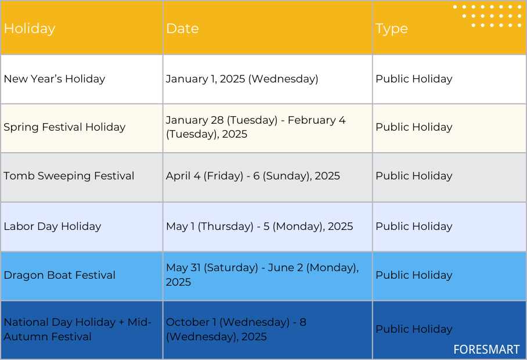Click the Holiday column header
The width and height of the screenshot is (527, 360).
pos(30,29)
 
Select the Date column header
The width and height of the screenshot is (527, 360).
pos(182,28)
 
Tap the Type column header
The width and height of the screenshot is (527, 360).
pos(392,29)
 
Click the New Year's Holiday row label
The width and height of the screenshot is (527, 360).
pos(55,79)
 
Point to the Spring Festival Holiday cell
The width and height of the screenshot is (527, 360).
pos(64,127)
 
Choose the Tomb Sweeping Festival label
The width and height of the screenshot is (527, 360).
pos(69,176)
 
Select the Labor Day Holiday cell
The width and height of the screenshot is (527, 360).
pos(52,226)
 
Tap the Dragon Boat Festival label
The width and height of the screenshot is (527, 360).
pos(59,275)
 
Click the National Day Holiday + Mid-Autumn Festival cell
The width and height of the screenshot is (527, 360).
pos(78,329)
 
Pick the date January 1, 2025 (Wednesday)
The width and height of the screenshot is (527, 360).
pos(242,79)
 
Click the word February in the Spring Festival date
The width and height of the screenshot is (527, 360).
pos(312,120)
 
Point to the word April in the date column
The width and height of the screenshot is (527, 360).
pos(178,176)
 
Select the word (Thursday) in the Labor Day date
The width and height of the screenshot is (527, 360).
pos(226,226)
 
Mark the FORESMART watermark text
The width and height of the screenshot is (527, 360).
pos(486,350)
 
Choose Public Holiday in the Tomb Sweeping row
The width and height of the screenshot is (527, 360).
pos(414,176)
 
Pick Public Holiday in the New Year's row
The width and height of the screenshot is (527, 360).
pos(414,79)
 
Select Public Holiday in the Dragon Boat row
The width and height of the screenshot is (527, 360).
pos(414,275)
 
